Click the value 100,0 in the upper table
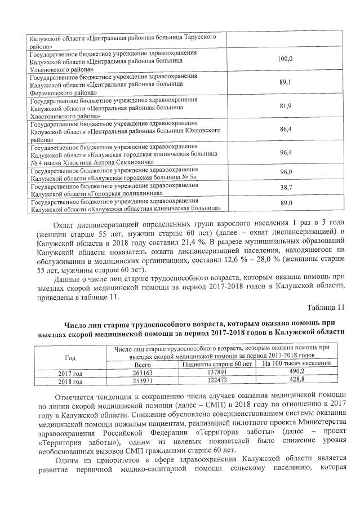click(286, 59)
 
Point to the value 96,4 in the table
click(286, 153)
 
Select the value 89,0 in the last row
click(286, 203)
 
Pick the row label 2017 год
click(70, 372)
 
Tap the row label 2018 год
click(70, 380)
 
